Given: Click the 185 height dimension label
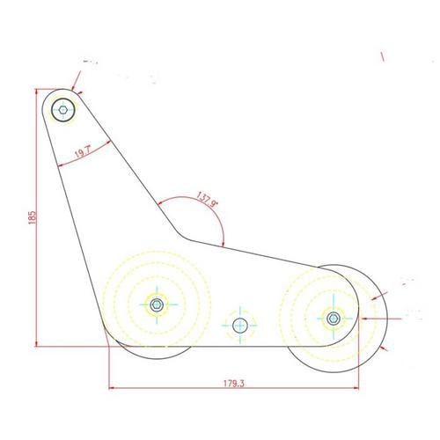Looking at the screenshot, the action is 32,217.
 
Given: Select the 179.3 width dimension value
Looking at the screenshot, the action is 234,384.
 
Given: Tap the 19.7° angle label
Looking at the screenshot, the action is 83,152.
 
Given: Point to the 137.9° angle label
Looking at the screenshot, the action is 208,200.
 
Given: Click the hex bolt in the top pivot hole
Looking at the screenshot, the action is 63,110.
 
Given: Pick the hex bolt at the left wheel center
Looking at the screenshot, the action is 157,304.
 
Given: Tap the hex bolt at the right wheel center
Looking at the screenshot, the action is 334,319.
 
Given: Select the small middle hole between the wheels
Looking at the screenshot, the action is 240,326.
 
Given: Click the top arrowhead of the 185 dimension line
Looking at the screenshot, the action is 36,92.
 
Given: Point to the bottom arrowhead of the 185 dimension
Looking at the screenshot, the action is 36,344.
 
